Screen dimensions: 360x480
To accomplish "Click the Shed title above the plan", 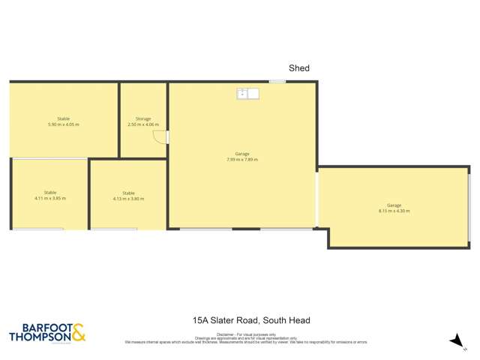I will click(299, 68).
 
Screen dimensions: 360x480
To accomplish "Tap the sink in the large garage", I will click(247, 94).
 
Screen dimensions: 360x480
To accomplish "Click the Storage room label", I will click(143, 118).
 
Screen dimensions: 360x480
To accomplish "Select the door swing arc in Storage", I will click(158, 136).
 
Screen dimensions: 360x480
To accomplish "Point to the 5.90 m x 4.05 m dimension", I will click(64, 124).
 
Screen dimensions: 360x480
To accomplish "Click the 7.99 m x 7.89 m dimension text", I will click(241, 159).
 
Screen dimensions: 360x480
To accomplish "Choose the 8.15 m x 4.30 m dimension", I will click(394, 211).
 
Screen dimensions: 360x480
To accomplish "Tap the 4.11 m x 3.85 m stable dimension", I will click(50, 198).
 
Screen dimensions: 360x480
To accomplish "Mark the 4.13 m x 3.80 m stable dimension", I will click(128, 199).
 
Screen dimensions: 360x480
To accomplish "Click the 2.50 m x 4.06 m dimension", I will click(143, 124).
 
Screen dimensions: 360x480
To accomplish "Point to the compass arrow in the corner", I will click(455, 340).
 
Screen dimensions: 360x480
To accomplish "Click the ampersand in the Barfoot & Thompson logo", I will click(79, 331).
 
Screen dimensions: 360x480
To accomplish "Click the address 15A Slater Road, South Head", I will click(251, 320).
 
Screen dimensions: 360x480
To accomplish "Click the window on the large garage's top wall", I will click(277, 81).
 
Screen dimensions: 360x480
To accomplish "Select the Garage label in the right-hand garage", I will click(394, 205).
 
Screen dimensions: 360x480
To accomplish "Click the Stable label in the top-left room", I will click(64, 118).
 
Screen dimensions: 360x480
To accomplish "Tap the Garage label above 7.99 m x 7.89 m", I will click(241, 154).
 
